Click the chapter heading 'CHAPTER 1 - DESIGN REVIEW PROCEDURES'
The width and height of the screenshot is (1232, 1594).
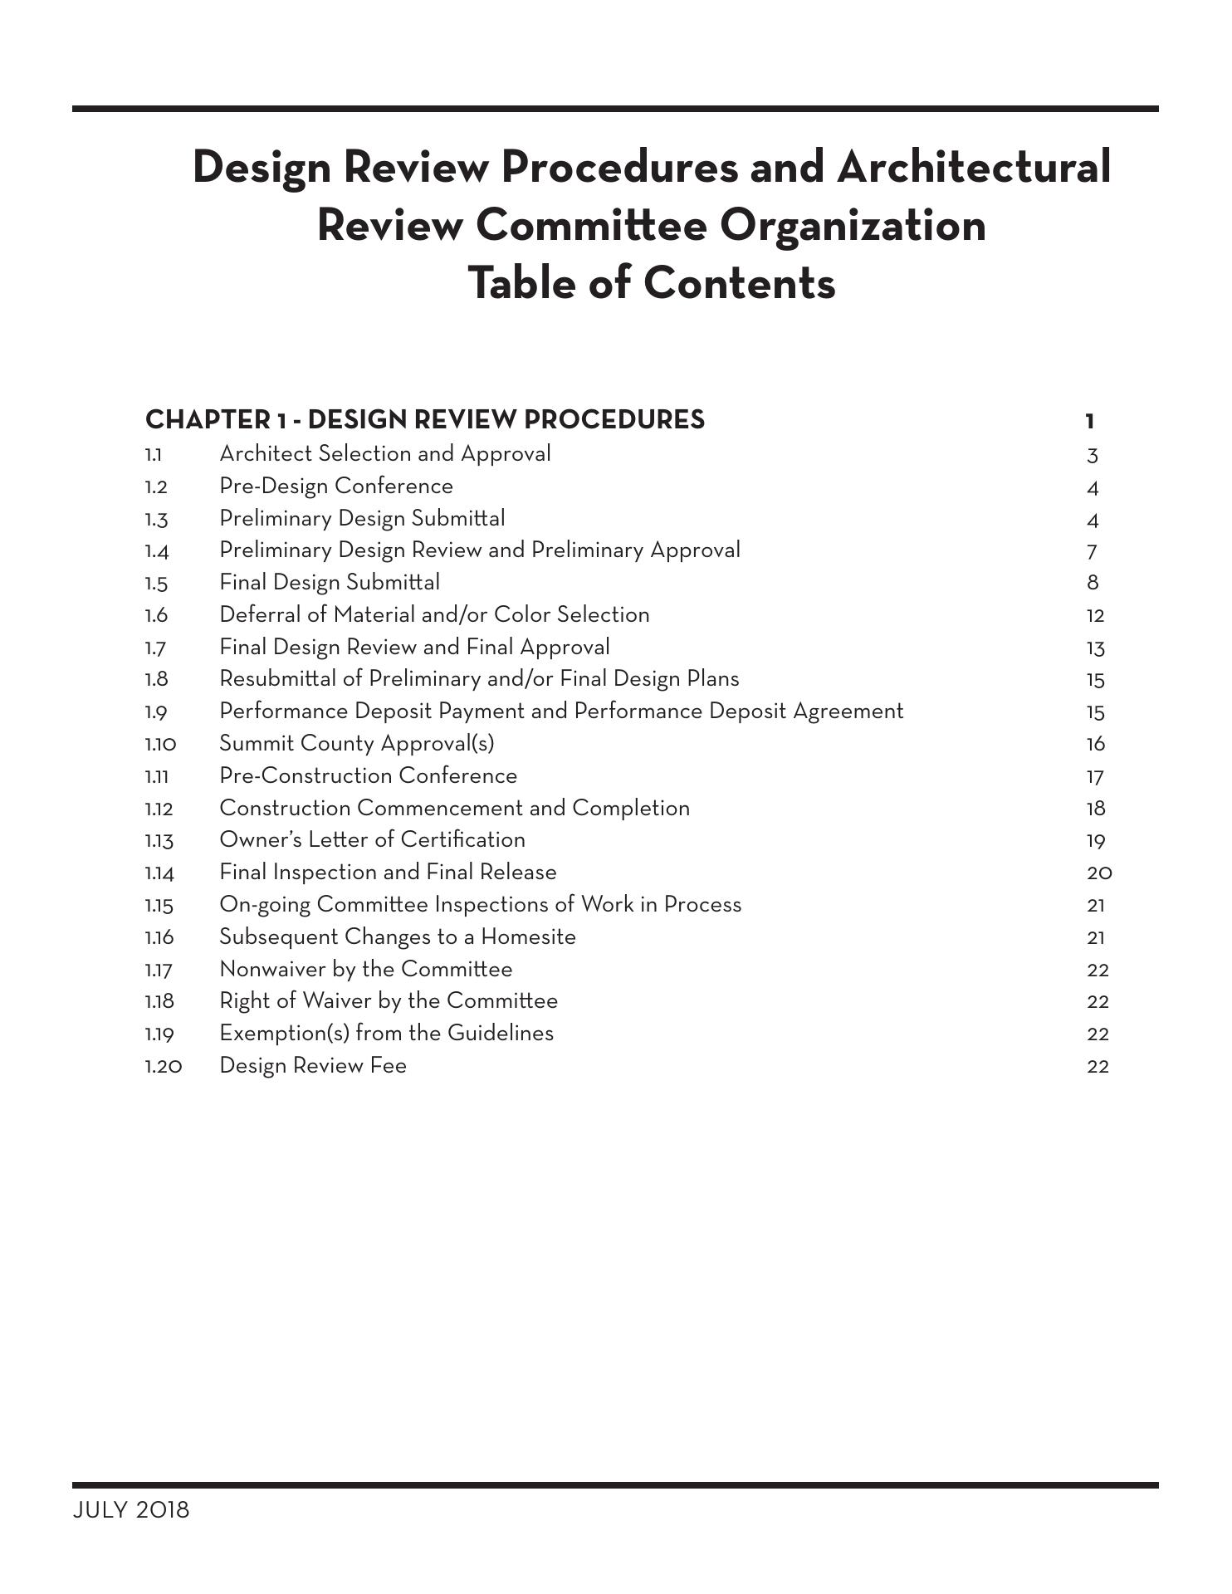click(x=424, y=420)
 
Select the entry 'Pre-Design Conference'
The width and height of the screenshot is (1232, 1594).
click(x=336, y=487)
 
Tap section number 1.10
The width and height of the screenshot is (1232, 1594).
click(x=160, y=744)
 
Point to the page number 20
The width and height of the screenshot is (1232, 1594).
click(x=1099, y=873)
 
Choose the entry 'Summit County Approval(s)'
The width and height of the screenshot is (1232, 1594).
click(x=356, y=743)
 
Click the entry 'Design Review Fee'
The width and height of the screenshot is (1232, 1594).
click(x=313, y=1066)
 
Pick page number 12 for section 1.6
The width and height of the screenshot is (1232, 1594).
click(x=1095, y=616)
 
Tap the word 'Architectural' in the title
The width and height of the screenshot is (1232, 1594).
click(x=973, y=167)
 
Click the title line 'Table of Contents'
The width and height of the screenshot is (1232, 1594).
click(x=652, y=282)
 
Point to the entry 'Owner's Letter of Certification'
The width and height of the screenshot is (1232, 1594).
click(x=372, y=840)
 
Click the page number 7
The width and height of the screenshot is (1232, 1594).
click(x=1093, y=551)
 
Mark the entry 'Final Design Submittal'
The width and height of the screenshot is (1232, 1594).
click(x=330, y=583)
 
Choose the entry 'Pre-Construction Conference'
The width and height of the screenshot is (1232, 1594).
click(x=368, y=776)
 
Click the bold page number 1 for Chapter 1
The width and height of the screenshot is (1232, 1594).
click(x=1090, y=422)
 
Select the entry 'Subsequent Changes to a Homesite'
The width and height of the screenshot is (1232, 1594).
click(x=397, y=937)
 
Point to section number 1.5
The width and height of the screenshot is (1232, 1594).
click(x=156, y=584)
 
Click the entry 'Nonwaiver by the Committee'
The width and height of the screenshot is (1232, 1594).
click(x=365, y=970)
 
